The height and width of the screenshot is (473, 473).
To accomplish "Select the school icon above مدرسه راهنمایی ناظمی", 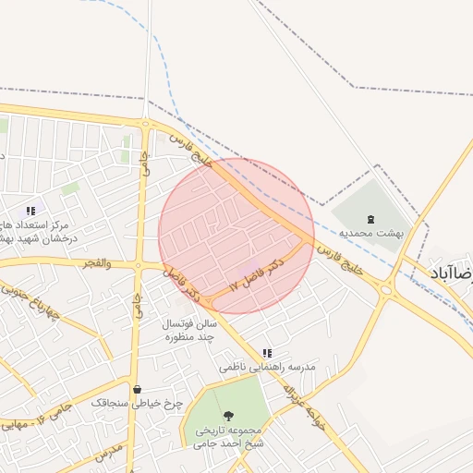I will point(267,353).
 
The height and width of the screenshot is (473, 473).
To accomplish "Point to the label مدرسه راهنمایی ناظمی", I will point(268,367).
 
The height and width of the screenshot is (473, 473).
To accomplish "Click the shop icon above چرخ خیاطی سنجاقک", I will point(138,390).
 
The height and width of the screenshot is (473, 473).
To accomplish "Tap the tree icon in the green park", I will point(229,417).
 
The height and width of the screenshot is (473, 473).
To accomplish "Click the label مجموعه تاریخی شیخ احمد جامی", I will point(229,436).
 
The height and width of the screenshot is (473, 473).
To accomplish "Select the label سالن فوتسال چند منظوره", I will point(189,331).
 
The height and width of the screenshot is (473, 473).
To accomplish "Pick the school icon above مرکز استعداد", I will point(31,212).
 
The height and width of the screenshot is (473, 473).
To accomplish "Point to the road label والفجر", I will point(96,264).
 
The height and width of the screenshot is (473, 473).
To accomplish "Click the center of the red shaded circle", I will point(236,236).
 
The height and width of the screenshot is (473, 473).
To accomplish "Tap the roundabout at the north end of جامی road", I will point(145,122).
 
